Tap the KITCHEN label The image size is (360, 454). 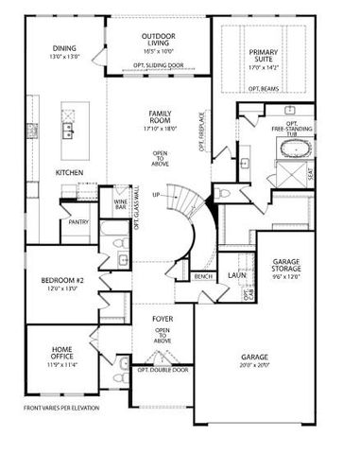click(69, 172)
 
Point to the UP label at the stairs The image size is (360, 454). click(170, 195)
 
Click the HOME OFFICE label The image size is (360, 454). click(62, 354)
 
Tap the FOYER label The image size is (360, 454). click(162, 320)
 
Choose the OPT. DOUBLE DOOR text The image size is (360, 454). click(162, 370)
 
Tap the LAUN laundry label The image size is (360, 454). click(236, 275)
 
